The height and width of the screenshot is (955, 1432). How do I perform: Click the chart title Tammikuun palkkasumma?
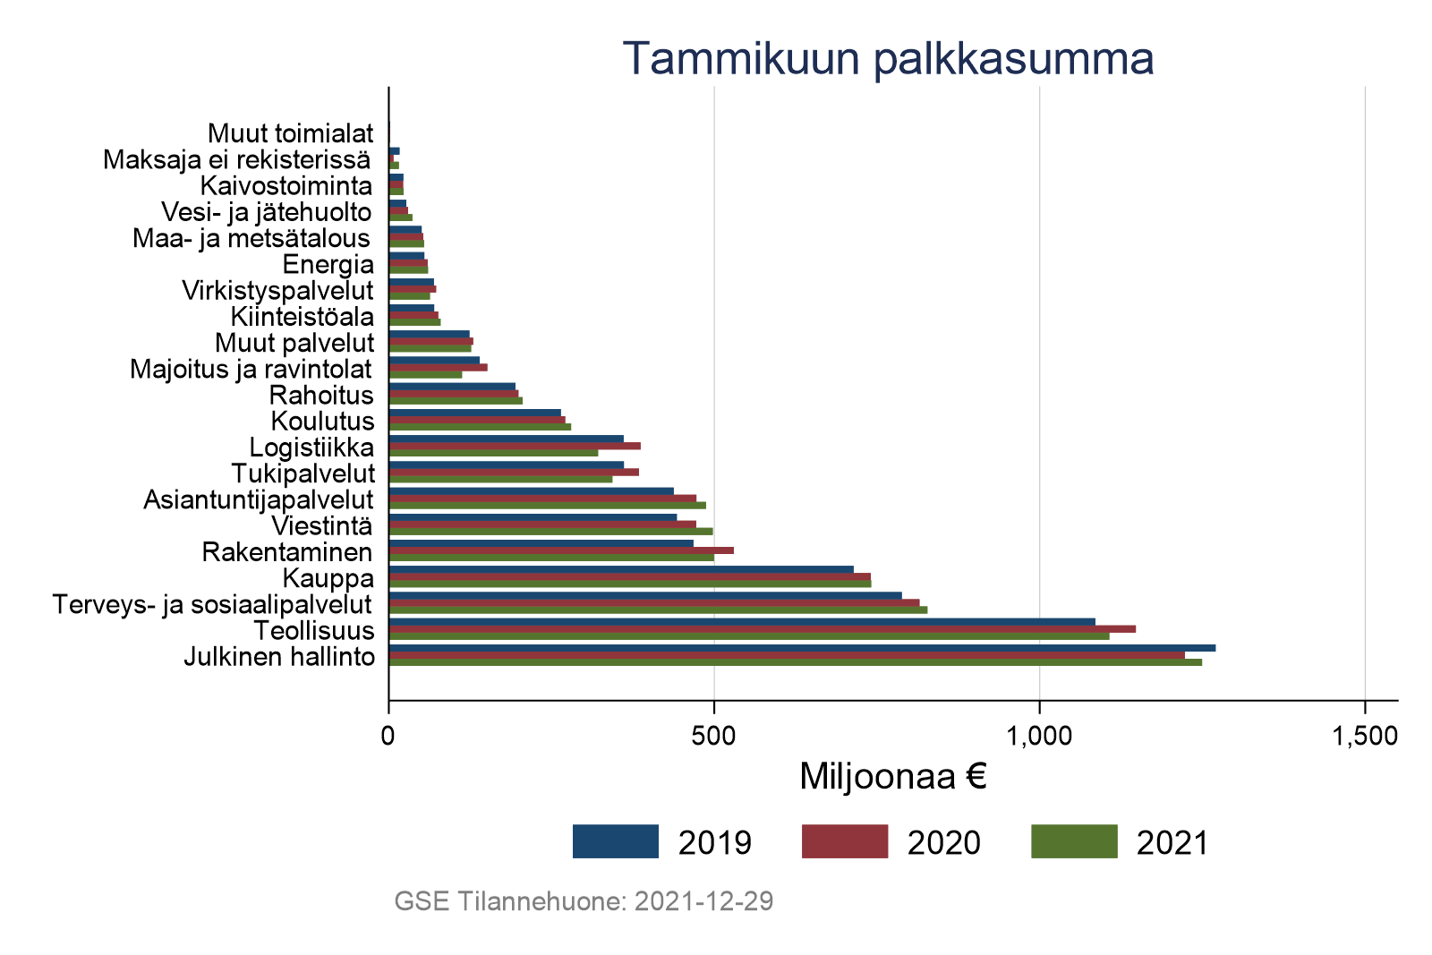(x=887, y=58)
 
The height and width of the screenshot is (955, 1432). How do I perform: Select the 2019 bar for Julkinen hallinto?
(x=802, y=648)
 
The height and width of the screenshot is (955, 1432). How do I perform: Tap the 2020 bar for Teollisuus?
(x=762, y=629)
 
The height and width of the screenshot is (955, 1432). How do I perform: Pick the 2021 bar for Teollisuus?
(x=748, y=636)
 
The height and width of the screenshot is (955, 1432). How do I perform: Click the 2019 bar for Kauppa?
(x=621, y=569)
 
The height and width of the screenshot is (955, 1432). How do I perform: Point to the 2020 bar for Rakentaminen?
(x=561, y=550)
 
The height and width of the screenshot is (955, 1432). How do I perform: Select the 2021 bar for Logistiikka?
(x=493, y=453)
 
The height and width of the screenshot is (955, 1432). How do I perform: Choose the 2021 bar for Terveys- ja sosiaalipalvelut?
(x=658, y=610)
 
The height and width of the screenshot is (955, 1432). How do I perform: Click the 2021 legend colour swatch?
(x=1074, y=841)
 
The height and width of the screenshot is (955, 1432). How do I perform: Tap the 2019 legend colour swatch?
(x=616, y=841)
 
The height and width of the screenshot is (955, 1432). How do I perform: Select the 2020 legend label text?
(x=943, y=842)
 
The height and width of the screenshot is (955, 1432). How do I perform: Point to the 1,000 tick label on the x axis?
(x=1039, y=736)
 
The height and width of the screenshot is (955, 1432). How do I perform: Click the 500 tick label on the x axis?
(x=713, y=736)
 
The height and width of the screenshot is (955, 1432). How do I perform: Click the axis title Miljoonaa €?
(x=892, y=777)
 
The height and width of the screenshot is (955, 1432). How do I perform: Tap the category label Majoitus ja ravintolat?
(x=251, y=369)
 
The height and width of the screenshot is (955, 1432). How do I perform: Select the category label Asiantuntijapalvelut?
(x=259, y=499)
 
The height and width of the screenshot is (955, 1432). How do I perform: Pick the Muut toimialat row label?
(x=291, y=133)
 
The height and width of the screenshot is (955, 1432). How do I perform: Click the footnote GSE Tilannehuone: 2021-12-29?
(x=584, y=901)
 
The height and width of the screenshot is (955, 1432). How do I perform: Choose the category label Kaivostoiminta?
(x=286, y=186)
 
